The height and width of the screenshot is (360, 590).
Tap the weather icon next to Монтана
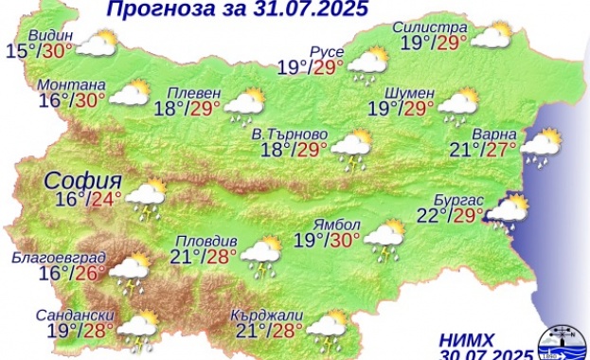point(130,94)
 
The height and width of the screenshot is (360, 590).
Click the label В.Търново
point(270,132)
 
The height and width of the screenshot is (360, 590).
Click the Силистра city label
point(429,27)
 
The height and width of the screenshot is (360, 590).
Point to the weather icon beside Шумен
point(456,105)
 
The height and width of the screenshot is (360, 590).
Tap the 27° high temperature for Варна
point(502,148)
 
